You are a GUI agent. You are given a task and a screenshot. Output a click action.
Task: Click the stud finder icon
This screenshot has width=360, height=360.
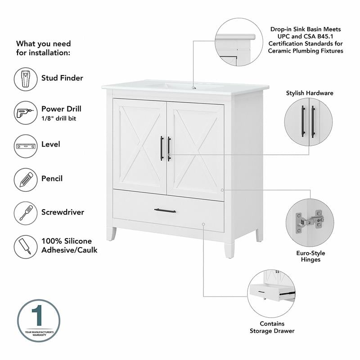click(26, 79)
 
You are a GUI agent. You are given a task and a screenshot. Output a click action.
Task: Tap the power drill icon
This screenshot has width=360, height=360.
click(26, 112)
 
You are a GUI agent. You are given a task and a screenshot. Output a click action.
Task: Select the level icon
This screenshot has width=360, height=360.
click(26, 146)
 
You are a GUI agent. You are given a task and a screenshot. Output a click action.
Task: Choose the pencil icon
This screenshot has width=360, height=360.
click(26, 180)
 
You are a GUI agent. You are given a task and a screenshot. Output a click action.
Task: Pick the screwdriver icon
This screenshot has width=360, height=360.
click(26, 213)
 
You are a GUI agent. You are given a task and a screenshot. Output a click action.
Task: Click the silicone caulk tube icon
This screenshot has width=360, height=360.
click(26, 247)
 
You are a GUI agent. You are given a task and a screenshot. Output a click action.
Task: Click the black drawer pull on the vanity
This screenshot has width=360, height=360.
click(165, 210)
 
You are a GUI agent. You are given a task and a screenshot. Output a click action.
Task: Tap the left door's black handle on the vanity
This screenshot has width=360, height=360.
click(162, 148)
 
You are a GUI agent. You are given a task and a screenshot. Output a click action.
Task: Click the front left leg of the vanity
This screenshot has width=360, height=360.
click(111, 234)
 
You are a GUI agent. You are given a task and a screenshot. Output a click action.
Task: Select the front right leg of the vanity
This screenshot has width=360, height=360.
click(229, 247)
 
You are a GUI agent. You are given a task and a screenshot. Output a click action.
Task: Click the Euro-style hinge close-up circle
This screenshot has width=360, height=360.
click(310, 223)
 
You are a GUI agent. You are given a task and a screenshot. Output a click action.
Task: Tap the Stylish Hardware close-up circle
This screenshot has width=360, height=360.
click(309, 122)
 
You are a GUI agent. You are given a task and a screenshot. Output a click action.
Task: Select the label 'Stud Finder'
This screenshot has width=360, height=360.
click(62, 78)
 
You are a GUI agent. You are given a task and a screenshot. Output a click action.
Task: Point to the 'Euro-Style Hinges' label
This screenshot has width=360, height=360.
click(311, 256)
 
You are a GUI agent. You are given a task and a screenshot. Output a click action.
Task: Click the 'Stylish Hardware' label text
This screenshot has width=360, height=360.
click(310, 93)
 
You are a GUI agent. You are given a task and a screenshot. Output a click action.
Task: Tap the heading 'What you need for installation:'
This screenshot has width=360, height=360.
click(44, 48)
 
